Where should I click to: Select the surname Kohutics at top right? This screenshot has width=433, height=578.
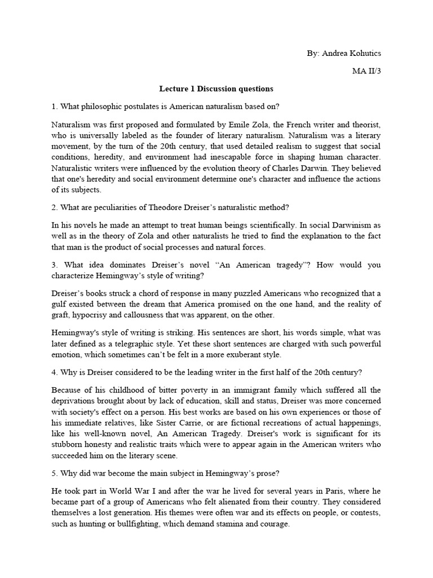click(x=365, y=52)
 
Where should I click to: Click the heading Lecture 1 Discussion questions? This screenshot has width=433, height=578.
click(x=216, y=89)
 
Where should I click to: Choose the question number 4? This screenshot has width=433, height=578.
click(x=54, y=373)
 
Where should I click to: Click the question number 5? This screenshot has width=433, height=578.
click(x=54, y=475)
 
